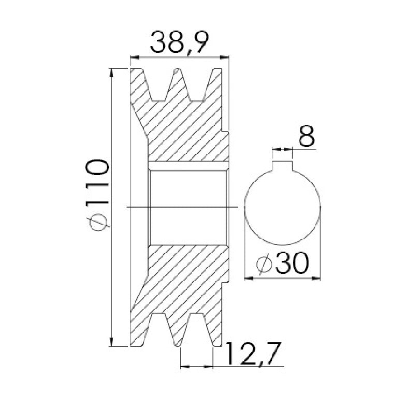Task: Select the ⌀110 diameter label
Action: [x=97, y=195]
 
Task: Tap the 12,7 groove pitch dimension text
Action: [x=254, y=354]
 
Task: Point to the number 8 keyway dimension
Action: [x=307, y=137]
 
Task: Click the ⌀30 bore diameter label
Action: [x=282, y=264]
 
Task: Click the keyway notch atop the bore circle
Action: [x=282, y=166]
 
